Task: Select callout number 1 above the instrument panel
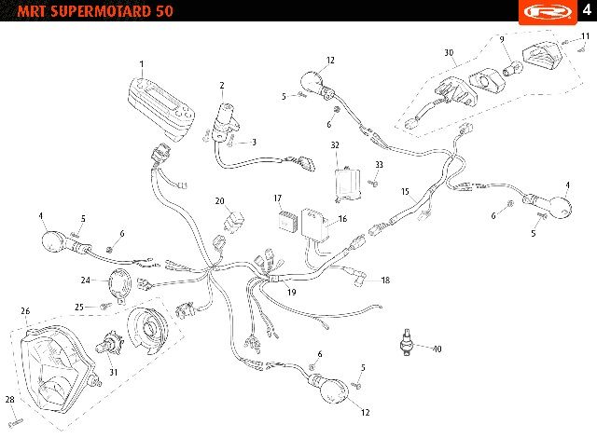click(142, 64)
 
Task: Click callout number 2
click(222, 86)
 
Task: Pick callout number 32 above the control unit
click(335, 145)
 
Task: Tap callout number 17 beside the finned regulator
click(277, 198)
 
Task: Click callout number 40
click(437, 349)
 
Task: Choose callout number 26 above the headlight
click(25, 311)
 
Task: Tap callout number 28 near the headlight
click(9, 400)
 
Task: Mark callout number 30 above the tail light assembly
click(449, 52)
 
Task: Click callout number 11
click(585, 36)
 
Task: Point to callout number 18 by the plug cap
click(385, 280)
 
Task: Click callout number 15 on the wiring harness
click(406, 191)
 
